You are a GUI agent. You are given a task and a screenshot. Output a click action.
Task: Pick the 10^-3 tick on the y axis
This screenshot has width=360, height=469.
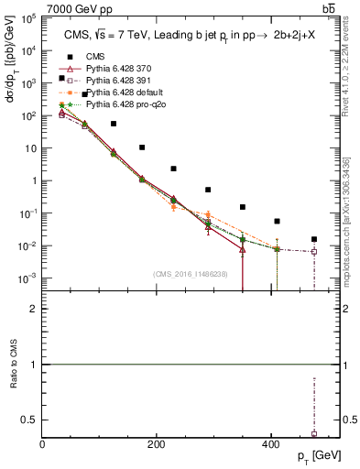27,278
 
